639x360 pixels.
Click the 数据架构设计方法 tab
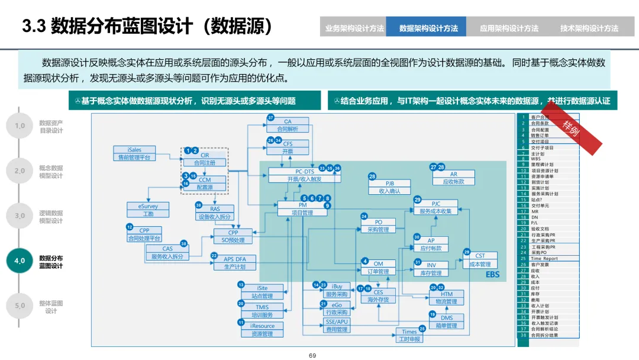click(428, 28)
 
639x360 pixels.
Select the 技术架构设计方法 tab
click(589, 28)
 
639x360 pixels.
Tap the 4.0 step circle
click(20, 261)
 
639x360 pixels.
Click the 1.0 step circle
click(20, 126)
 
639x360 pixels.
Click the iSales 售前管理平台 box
click(134, 153)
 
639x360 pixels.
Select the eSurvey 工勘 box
click(148, 210)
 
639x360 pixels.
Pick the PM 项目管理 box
click(302, 208)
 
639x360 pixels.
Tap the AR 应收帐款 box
click(453, 178)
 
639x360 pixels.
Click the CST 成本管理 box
click(480, 260)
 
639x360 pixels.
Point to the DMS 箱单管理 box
click(447, 322)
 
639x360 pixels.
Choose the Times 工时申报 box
click(409, 336)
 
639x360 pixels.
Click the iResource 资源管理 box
click(262, 329)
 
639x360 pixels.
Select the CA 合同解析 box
click(288, 125)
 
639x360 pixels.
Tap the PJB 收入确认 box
click(389, 187)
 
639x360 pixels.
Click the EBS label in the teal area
click(492, 275)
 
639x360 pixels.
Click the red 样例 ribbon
click(570, 126)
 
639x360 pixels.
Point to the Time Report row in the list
click(544, 259)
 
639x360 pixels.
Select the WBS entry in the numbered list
click(535, 159)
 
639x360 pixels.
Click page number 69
click(313, 355)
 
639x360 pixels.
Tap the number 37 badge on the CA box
click(270, 118)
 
